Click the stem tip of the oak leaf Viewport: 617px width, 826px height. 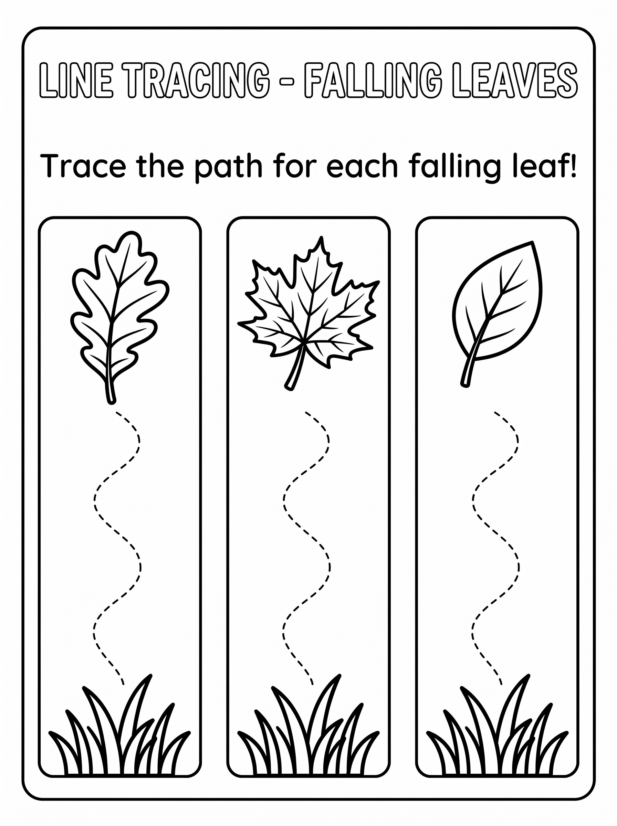[111, 402]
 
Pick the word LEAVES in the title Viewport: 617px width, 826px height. [515, 80]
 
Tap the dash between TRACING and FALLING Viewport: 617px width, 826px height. [287, 81]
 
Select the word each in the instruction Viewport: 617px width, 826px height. [362, 167]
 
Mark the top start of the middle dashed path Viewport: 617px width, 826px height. [306, 412]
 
